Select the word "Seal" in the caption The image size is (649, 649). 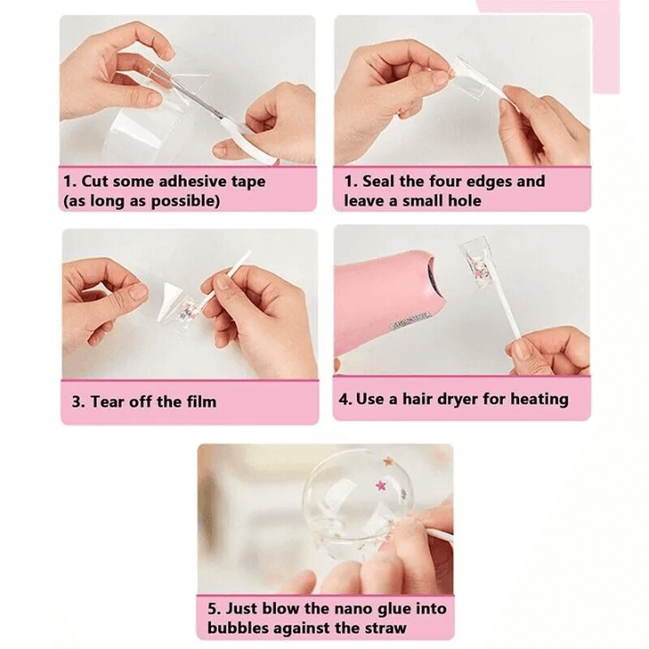379,181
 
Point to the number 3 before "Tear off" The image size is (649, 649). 77,402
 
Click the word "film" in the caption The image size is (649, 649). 201,401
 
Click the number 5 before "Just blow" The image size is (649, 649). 213,608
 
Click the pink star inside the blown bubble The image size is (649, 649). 380,485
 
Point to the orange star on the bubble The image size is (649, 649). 388,462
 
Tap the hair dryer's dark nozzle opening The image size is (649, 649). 432,274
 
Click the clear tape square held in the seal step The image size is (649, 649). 472,79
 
